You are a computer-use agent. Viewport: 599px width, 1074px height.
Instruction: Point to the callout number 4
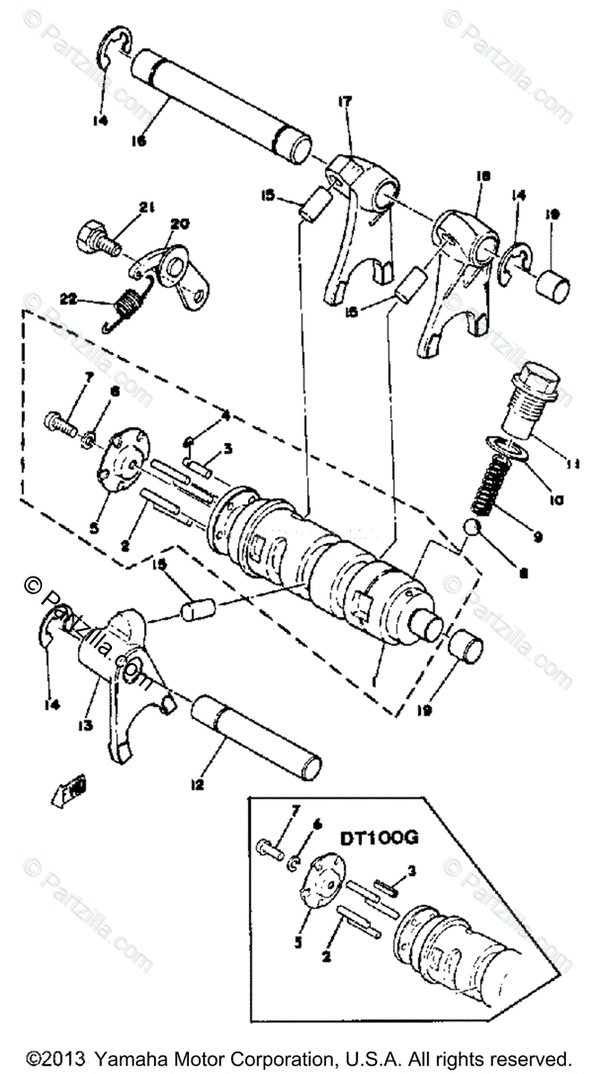click(x=227, y=414)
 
